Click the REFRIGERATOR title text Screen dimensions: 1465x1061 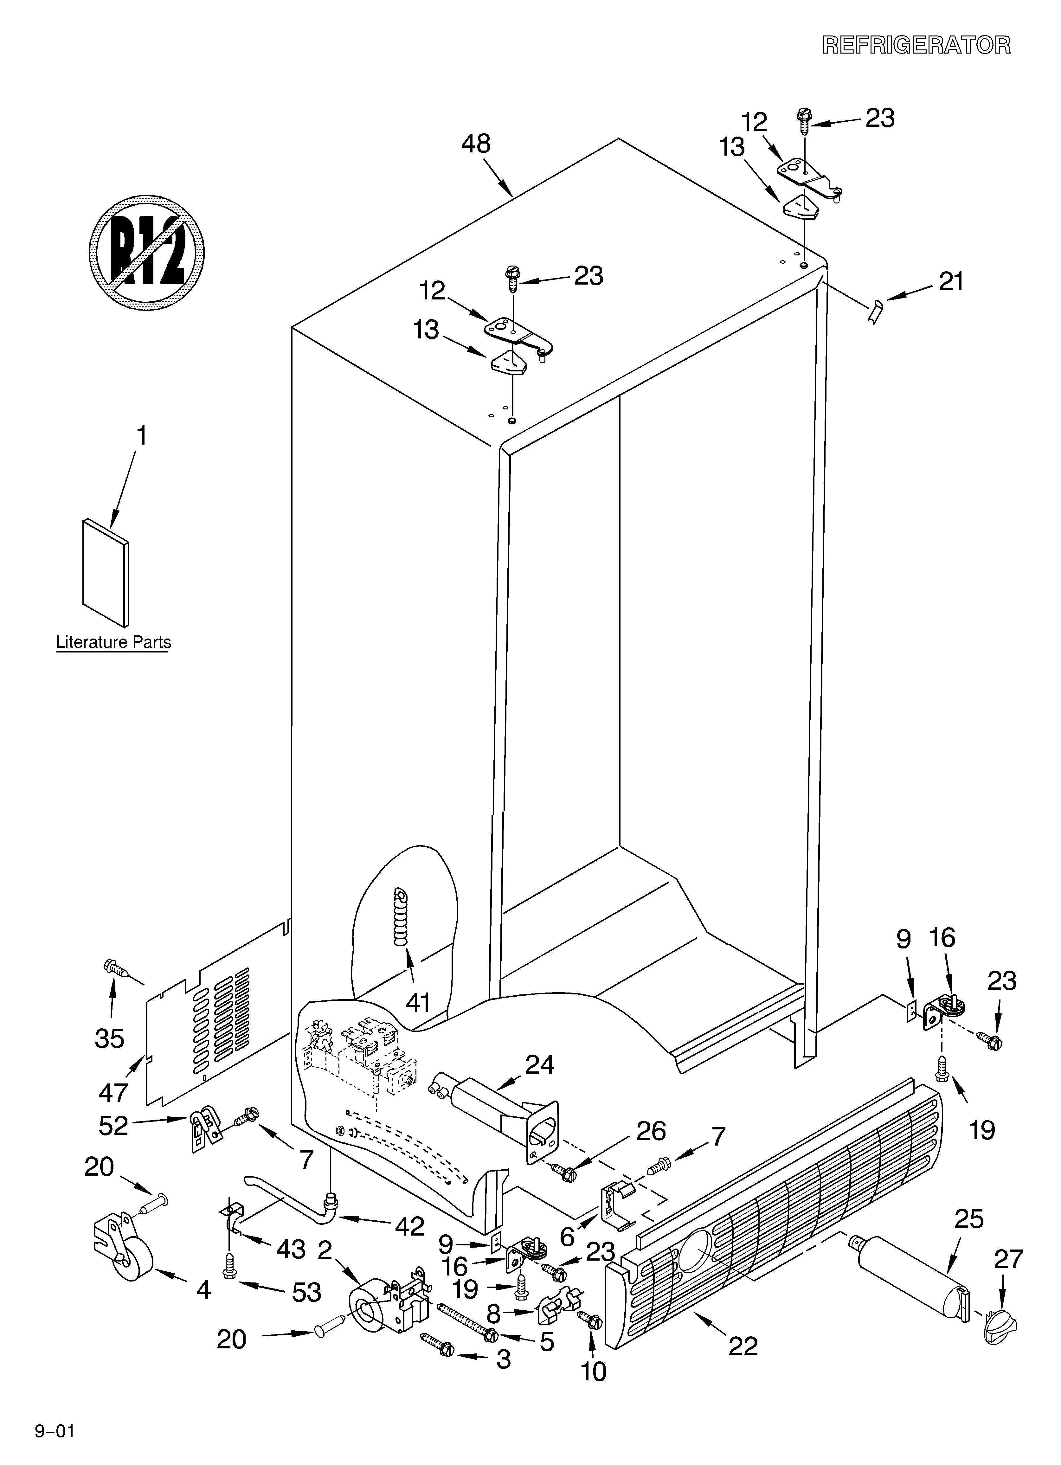point(916,45)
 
